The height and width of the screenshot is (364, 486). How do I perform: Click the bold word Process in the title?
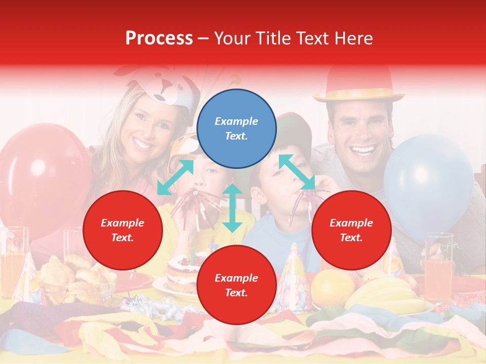click(x=159, y=38)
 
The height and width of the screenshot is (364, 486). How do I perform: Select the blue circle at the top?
click(x=236, y=129)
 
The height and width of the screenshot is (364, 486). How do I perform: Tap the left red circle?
click(x=123, y=231)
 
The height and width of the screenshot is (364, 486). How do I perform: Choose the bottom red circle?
click(x=236, y=285)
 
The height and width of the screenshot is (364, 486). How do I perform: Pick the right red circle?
click(x=351, y=231)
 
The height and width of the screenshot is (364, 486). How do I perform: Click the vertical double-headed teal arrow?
click(x=232, y=208)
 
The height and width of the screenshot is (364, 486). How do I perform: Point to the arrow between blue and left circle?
click(x=176, y=177)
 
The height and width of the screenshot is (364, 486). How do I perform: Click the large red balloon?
click(x=40, y=172)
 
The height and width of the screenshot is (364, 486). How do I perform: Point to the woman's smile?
click(x=142, y=145)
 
